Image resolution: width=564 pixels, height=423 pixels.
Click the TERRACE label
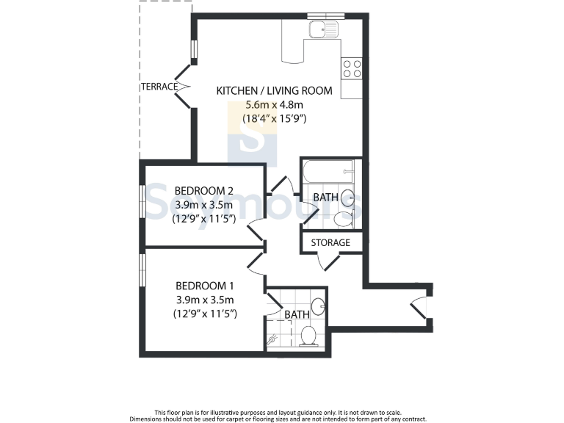click(x=159, y=87)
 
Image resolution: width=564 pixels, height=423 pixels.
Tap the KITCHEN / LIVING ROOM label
click(x=274, y=91)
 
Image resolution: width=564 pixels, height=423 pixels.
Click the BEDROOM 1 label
click(x=204, y=286)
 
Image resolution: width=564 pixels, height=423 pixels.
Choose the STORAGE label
click(x=330, y=242)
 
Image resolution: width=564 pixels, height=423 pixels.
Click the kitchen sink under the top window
click(x=322, y=30)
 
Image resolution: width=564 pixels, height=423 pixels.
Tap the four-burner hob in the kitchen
click(x=351, y=68)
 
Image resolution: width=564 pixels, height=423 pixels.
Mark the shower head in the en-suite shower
click(x=273, y=340)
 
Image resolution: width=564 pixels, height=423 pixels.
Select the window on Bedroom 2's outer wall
click(x=142, y=200)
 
